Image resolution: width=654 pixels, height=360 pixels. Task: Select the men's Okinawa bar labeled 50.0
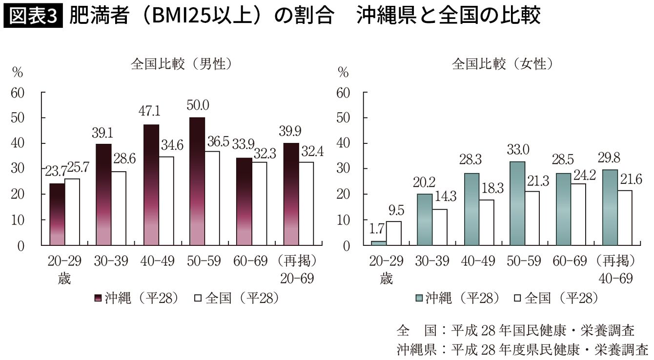click(197, 181)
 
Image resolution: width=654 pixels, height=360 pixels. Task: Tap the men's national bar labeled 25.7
click(72, 212)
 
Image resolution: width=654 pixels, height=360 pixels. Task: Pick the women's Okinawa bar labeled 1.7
click(378, 242)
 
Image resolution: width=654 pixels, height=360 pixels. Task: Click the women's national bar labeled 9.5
click(393, 233)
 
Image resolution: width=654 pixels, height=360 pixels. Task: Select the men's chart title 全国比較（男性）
click(181, 64)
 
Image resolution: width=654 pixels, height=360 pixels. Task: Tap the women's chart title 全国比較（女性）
click(502, 64)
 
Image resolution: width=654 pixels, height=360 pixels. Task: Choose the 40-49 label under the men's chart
click(158, 261)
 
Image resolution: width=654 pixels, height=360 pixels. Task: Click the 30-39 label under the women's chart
click(432, 261)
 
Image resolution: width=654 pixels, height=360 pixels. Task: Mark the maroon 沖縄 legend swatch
click(97, 298)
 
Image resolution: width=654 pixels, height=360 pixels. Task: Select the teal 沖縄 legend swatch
click(419, 298)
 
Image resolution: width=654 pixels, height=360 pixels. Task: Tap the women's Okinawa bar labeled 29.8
click(610, 207)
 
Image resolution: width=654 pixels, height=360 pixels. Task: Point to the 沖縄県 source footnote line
click(522, 349)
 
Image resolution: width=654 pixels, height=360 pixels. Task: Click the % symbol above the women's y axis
click(344, 73)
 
